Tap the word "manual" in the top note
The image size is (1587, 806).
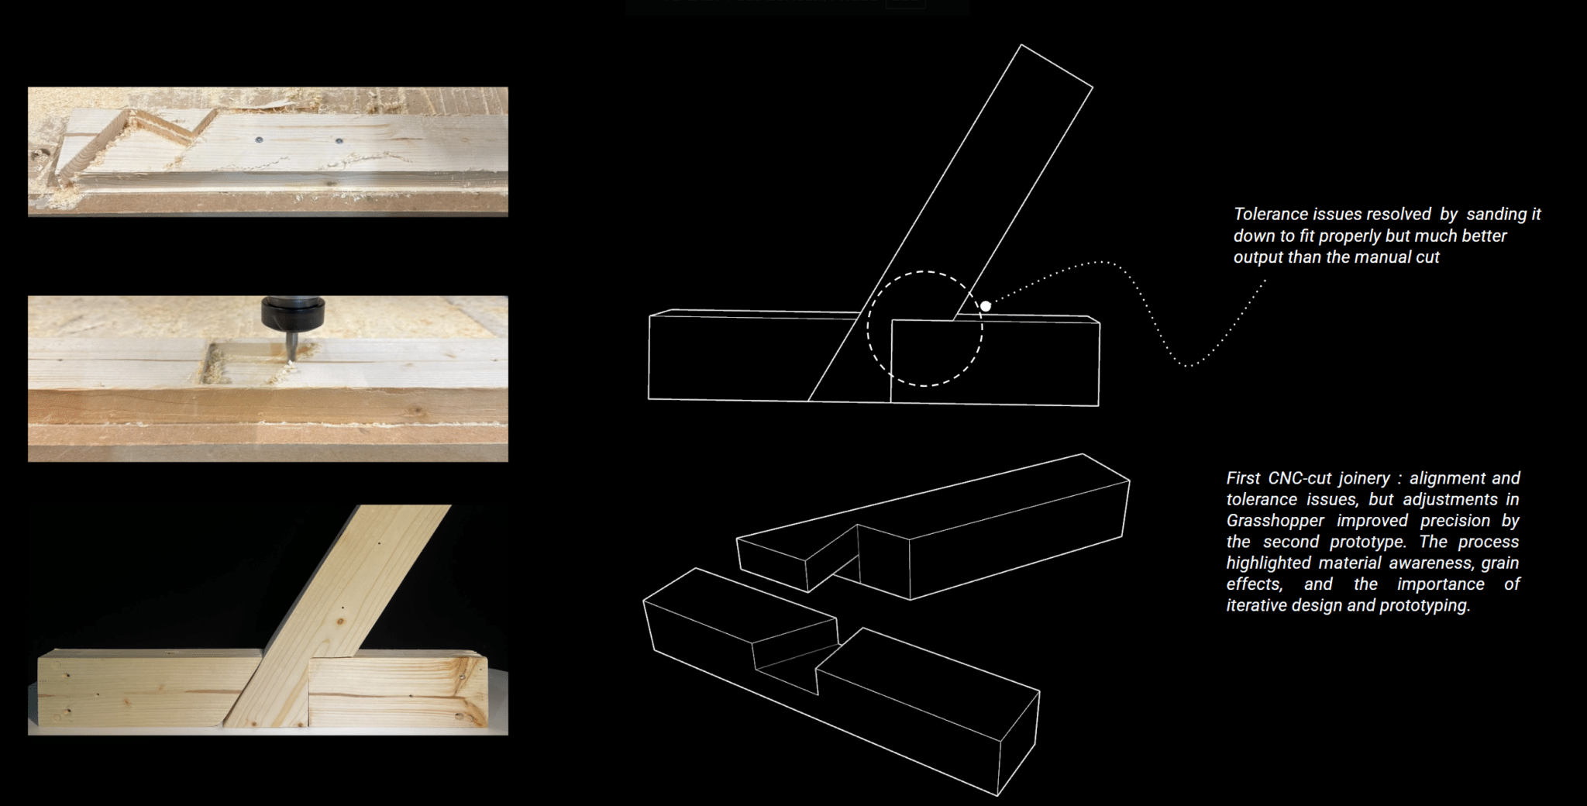[x=1372, y=257]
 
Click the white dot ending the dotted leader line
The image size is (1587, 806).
[x=986, y=306]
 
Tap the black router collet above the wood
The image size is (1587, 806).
[x=292, y=312]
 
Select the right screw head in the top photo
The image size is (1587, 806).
[x=339, y=142]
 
